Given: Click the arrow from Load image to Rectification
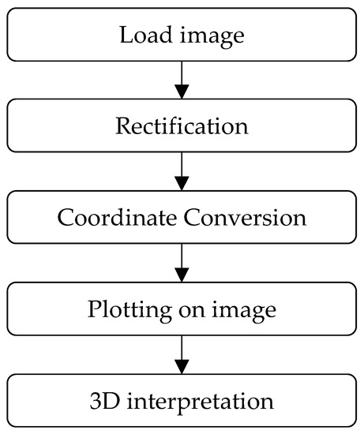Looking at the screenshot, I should (x=182, y=79).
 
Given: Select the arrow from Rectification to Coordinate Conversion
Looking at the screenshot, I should (x=182, y=170).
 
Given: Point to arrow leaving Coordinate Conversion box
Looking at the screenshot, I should (x=182, y=262).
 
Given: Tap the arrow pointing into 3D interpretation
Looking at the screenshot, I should (x=182, y=354).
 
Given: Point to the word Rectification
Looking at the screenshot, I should (x=182, y=126).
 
